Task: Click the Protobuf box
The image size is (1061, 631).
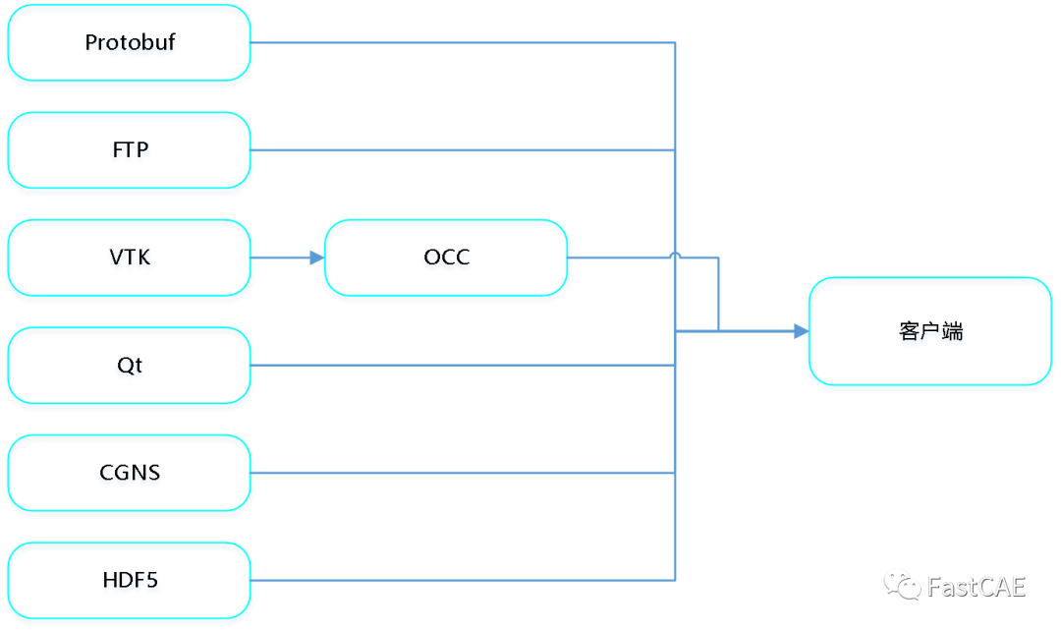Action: pyautogui.click(x=130, y=45)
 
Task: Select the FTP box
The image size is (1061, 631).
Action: pyautogui.click(x=130, y=152)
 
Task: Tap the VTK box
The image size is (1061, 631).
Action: pyautogui.click(x=130, y=259)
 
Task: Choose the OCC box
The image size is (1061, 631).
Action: pyautogui.click(x=447, y=259)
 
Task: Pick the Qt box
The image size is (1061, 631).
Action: pyautogui.click(x=130, y=367)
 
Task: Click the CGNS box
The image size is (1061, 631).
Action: pyautogui.click(x=130, y=475)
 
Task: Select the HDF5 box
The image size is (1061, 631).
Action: pyautogui.click(x=130, y=582)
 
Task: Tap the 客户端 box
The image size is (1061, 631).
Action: pyautogui.click(x=930, y=333)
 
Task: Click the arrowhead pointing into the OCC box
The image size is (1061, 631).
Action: pyautogui.click(x=316, y=258)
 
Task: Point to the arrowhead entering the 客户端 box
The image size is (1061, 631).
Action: pyautogui.click(x=800, y=332)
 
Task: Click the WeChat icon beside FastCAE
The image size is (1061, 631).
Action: pyautogui.click(x=902, y=585)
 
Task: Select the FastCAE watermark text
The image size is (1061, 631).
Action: pyautogui.click(x=976, y=587)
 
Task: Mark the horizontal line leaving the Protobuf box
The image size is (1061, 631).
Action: pyautogui.click(x=462, y=43)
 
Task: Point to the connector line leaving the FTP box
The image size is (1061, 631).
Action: pyautogui.click(x=462, y=150)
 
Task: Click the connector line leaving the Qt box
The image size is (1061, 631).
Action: pyautogui.click(x=462, y=366)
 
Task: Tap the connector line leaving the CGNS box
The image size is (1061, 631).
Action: pyautogui.click(x=462, y=473)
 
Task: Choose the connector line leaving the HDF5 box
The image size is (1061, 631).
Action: pyautogui.click(x=462, y=580)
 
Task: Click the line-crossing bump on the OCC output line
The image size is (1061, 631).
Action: pyautogui.click(x=676, y=255)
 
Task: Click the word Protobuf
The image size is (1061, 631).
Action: pyautogui.click(x=130, y=44)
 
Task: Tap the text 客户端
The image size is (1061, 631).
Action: pyautogui.click(x=930, y=333)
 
